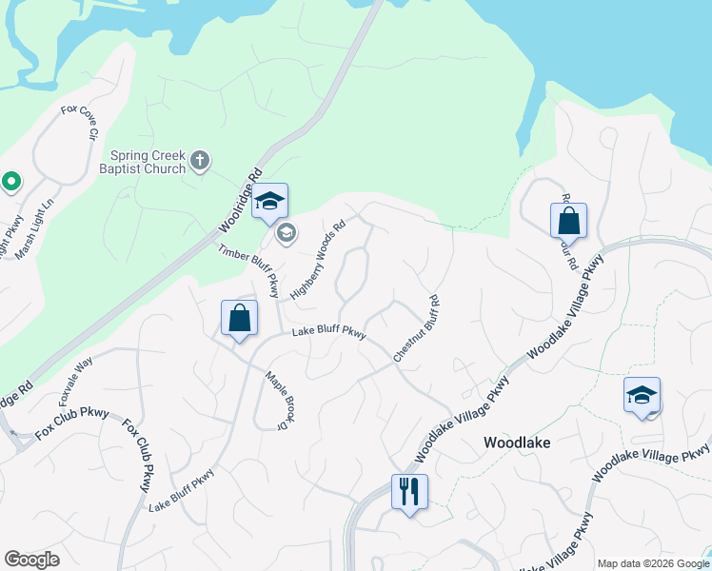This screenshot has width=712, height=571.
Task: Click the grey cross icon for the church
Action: (200, 160)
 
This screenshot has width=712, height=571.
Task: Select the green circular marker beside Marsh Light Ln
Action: (11, 181)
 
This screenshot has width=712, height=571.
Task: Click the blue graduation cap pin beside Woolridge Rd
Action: (270, 201)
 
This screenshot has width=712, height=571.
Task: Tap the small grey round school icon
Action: (285, 231)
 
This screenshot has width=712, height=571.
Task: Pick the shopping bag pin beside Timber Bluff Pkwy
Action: (239, 319)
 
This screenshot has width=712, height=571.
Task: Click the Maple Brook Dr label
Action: (276, 398)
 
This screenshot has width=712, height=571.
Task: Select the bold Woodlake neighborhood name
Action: (517, 443)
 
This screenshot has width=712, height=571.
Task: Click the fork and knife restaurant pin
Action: (409, 492)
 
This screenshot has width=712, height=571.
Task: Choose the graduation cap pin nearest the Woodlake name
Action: (642, 395)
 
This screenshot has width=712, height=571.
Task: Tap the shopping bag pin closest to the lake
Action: (568, 221)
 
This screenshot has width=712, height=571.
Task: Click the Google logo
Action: (31, 560)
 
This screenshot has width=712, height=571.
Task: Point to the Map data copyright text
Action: (653, 562)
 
